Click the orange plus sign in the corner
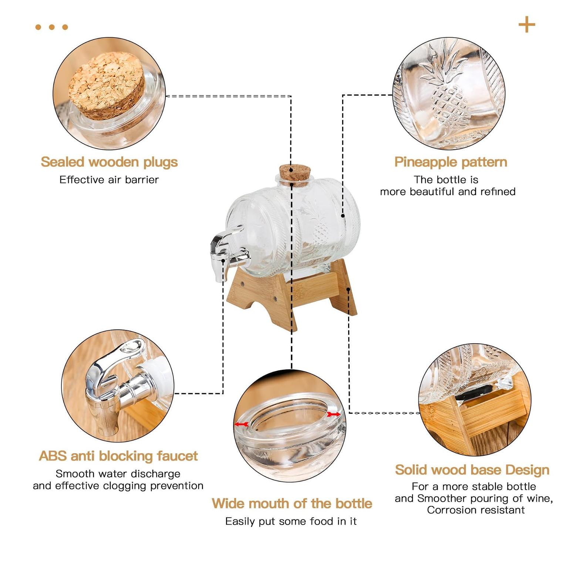(527, 24)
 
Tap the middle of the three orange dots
(52, 27)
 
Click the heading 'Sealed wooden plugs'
(109, 162)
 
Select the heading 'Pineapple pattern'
(451, 162)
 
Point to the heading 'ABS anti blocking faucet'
(118, 456)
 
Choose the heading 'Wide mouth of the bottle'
(292, 503)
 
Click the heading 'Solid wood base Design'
(472, 470)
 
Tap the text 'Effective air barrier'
(109, 180)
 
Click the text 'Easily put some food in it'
(291, 521)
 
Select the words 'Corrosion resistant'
(476, 510)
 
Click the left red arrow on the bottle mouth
(242, 424)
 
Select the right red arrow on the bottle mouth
(333, 415)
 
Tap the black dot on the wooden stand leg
(348, 289)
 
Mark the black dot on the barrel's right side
(343, 215)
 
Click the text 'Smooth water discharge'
(118, 474)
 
